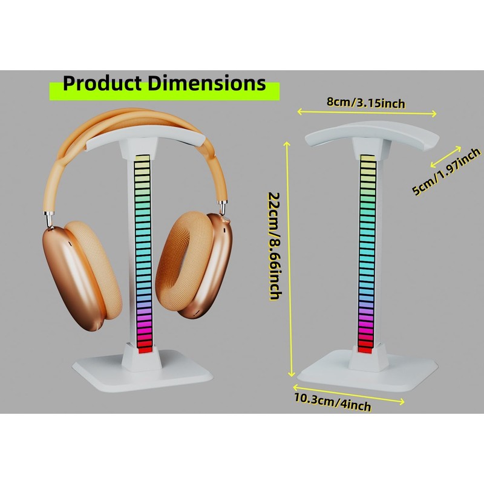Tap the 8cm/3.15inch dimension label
click(x=365, y=103)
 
